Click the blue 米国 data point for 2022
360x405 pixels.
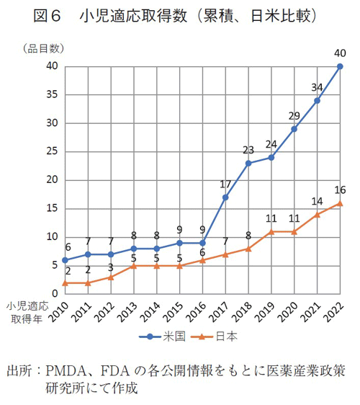[x=340, y=66]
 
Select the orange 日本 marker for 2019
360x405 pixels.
[x=271, y=231]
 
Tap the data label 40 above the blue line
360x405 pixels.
[x=340, y=52]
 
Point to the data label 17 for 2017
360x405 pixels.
[x=225, y=183]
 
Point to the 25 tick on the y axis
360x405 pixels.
[x=51, y=151]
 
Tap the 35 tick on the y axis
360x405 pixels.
[x=51, y=94]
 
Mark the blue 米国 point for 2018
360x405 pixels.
[x=248, y=163]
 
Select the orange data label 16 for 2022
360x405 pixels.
[x=340, y=190]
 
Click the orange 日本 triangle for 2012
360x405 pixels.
[x=111, y=277]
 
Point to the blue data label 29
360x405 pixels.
[x=294, y=115]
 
